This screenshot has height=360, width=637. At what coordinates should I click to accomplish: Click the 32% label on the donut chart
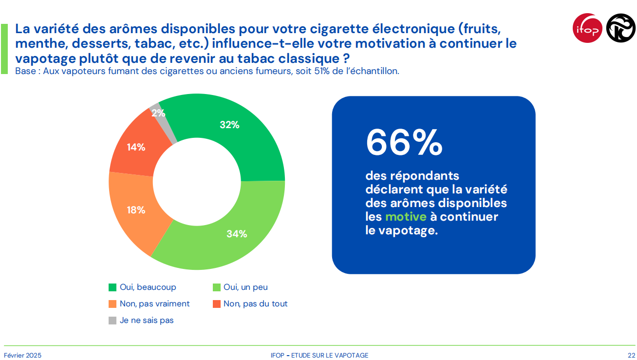click(229, 125)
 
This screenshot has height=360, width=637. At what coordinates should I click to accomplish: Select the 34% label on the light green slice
click(237, 234)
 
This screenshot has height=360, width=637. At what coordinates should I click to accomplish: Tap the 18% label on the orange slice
click(136, 210)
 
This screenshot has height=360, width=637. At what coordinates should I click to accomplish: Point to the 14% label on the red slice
click(136, 147)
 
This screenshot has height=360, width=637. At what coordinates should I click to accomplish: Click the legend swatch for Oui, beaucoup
click(112, 287)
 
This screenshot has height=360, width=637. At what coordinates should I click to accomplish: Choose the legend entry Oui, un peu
click(245, 287)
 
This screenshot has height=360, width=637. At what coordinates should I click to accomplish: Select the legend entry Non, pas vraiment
click(154, 303)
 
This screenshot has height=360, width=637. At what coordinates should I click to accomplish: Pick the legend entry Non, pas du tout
click(255, 303)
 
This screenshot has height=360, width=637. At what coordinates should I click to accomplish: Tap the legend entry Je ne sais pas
click(147, 320)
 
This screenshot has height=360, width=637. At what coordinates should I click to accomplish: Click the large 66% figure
click(404, 142)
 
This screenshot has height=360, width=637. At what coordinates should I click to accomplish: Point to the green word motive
click(405, 217)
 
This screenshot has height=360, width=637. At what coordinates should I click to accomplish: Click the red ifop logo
click(587, 28)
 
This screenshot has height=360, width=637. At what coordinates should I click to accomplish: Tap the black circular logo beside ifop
click(620, 28)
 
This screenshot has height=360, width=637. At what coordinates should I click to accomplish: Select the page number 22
click(631, 355)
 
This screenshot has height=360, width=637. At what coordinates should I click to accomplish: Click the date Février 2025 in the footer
click(23, 355)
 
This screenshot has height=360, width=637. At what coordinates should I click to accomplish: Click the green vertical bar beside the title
click(4, 49)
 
